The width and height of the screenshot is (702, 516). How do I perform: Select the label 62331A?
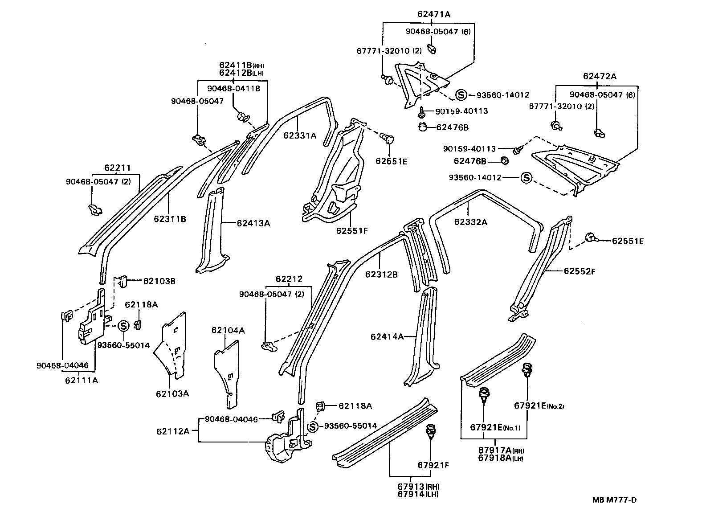tap(299, 136)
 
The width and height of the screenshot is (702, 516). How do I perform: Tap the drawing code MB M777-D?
tap(614, 500)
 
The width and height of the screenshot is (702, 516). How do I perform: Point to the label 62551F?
tap(352, 230)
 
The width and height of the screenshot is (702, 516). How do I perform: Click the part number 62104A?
tap(228, 330)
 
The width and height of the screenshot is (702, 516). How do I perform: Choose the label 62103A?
tap(172, 393)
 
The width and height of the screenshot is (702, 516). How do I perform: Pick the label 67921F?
tap(433, 465)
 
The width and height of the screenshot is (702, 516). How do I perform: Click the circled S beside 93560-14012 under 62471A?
tap(461, 95)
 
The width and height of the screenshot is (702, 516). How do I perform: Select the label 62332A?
tap(471, 221)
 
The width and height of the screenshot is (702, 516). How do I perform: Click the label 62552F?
tap(580, 271)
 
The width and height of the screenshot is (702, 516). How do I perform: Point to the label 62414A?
tap(387, 336)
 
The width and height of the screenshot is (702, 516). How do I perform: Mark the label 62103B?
tap(159, 281)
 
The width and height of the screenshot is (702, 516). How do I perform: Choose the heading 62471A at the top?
tap(434, 14)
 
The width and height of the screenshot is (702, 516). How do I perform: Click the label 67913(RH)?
tap(418, 486)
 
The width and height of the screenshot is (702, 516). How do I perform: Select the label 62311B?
tap(170, 219)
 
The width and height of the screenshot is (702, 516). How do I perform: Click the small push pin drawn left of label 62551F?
tap(388, 139)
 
